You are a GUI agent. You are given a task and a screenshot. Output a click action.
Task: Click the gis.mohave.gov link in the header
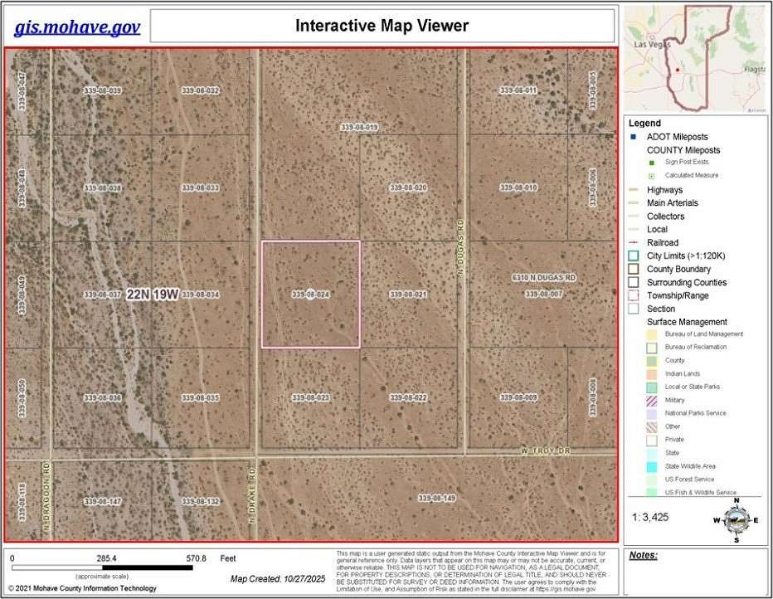coord(77,27)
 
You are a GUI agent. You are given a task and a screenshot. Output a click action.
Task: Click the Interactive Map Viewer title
coord(382,26)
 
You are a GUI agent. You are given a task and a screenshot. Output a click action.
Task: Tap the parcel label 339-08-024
coord(311,295)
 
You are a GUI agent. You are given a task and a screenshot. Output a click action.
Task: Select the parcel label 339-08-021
coord(408,295)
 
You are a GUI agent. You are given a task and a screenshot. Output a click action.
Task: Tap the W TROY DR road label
coord(547,450)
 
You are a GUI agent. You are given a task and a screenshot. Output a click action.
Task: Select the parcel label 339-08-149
coord(437,498)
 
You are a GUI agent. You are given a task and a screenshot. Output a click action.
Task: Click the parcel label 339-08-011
coord(518,90)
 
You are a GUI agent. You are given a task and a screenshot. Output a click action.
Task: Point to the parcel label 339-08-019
coord(359,127)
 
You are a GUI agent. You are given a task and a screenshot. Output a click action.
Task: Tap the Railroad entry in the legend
coord(662,243)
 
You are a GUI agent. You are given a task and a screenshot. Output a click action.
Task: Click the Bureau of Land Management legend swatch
coord(652,334)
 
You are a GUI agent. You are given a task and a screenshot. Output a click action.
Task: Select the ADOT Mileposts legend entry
coord(677,137)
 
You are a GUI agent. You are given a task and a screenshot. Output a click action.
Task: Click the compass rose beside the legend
coord(733,519)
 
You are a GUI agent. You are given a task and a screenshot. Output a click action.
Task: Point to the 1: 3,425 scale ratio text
coord(654,516)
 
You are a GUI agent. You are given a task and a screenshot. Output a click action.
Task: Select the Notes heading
coord(643,555)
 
